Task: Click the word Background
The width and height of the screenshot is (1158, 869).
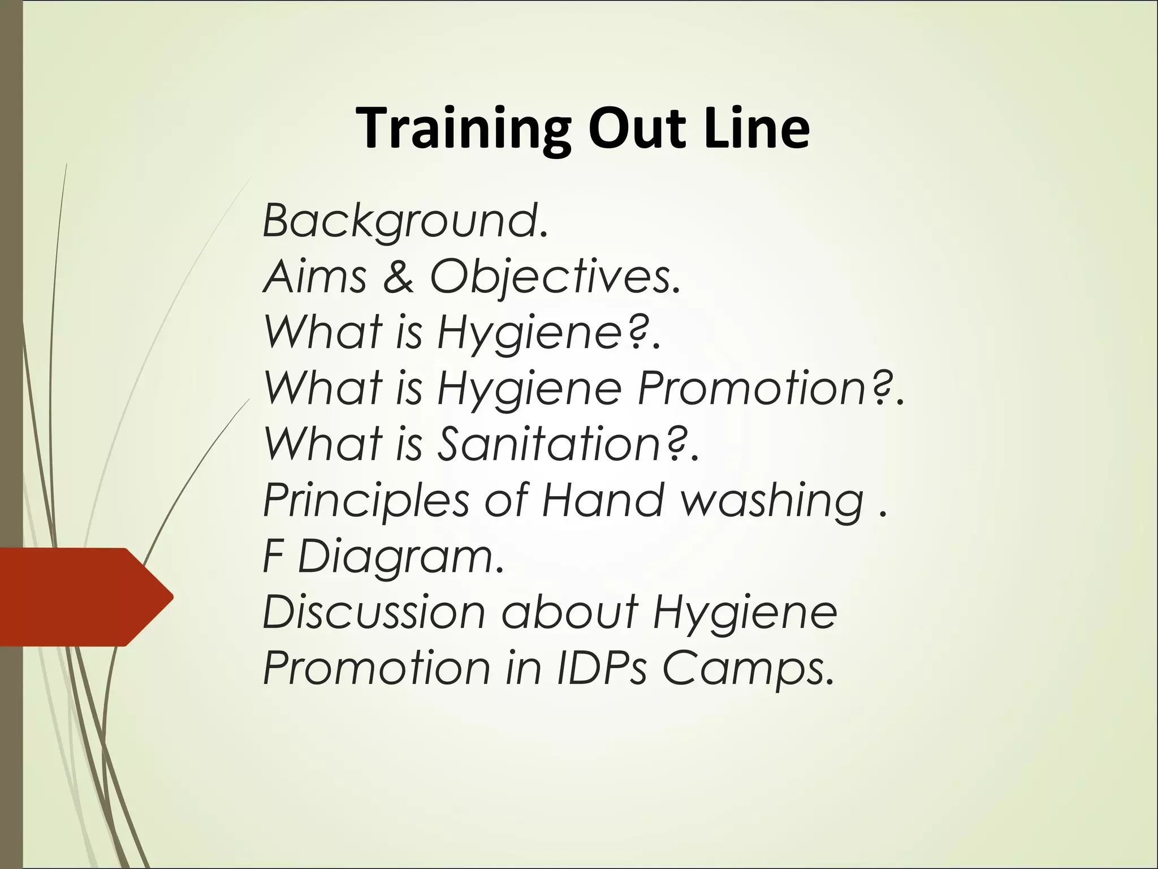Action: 405,221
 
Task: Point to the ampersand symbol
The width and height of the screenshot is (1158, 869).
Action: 398,277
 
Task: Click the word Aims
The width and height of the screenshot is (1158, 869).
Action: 314,277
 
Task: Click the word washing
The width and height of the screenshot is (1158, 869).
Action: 772,501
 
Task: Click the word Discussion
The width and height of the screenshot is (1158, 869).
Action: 374,612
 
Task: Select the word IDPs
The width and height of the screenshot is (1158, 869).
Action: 602,668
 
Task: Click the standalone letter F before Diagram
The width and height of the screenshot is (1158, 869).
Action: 273,556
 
